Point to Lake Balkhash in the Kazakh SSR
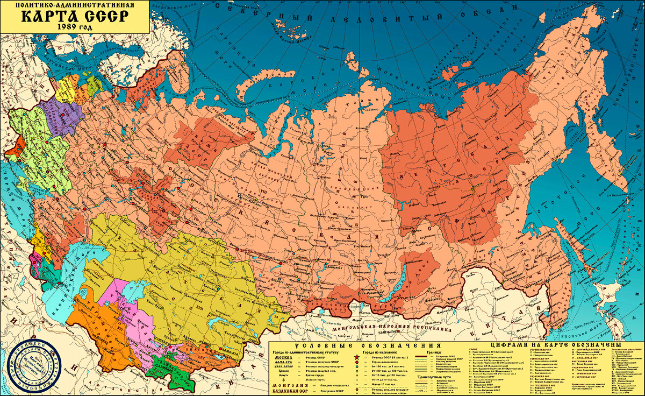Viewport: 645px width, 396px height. (x=220, y=323)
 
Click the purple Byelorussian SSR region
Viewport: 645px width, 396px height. (x=64, y=116)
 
